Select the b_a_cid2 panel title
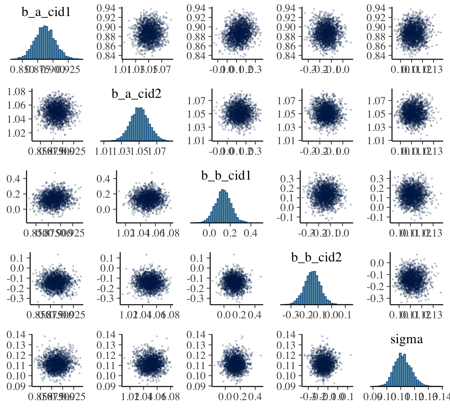(136, 94)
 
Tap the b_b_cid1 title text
(226, 176)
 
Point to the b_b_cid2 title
(316, 257)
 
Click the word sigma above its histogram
(406, 339)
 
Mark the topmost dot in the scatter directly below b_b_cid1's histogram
(234, 255)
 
